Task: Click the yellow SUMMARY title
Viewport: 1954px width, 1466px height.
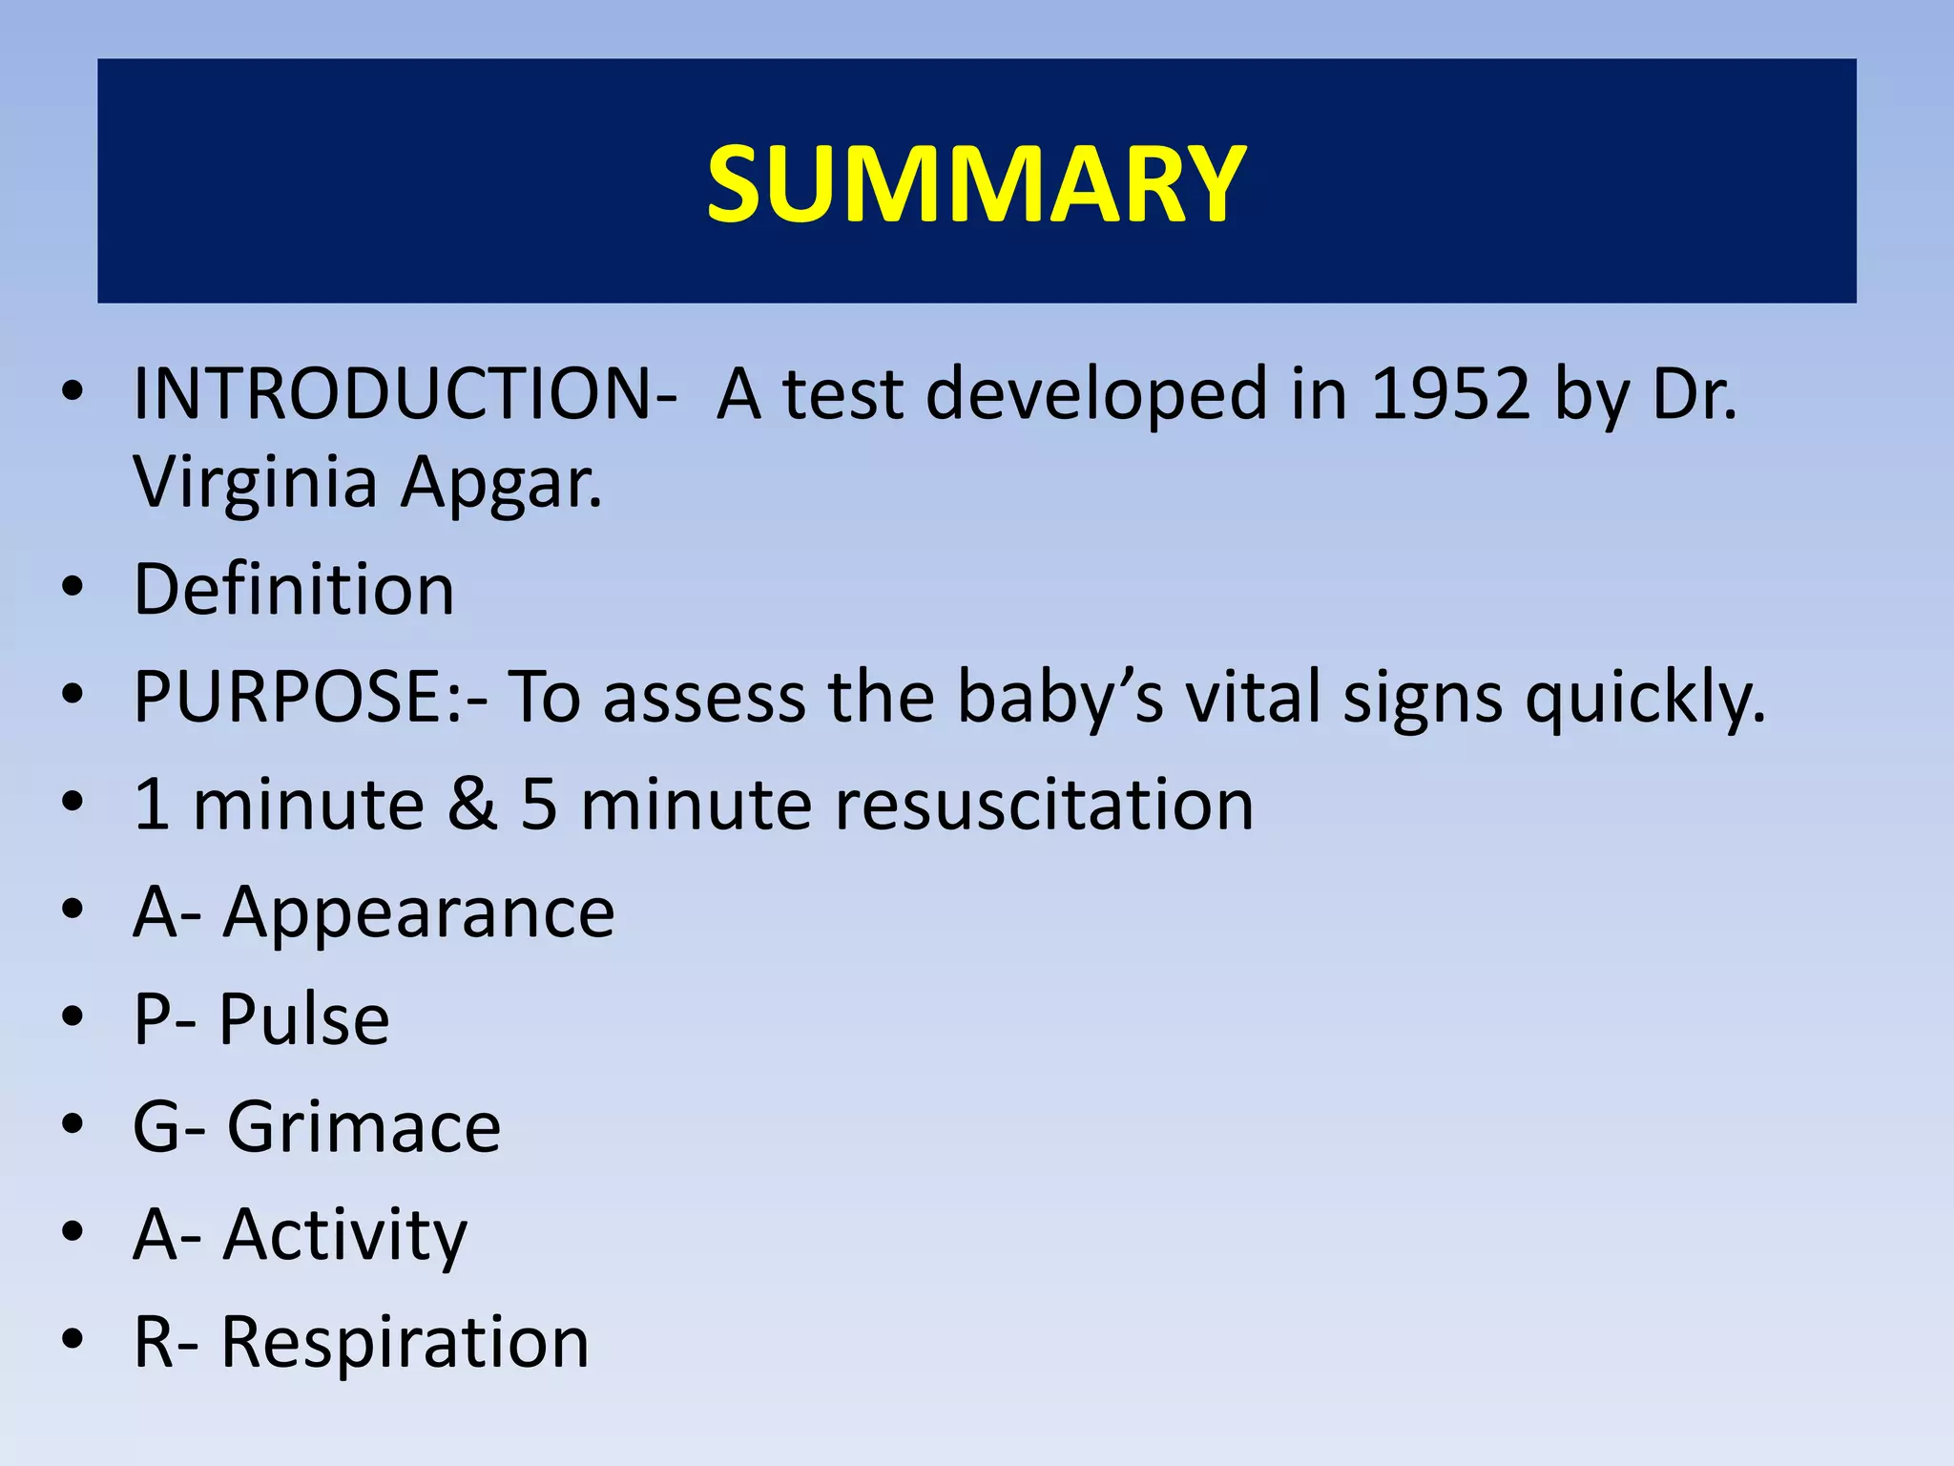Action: click(x=976, y=183)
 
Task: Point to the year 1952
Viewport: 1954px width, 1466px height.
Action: click(x=1449, y=393)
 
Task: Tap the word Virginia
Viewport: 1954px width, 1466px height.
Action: click(x=255, y=483)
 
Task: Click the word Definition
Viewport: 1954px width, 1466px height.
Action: click(x=294, y=589)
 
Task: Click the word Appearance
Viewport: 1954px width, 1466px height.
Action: click(x=419, y=913)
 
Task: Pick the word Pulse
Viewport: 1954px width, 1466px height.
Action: click(x=304, y=1019)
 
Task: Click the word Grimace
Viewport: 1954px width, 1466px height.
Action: click(x=364, y=1127)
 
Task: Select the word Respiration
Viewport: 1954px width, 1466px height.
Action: click(x=405, y=1342)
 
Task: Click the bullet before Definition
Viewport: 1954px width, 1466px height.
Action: click(x=73, y=589)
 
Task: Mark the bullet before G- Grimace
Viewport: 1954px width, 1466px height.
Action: click(x=73, y=1127)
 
